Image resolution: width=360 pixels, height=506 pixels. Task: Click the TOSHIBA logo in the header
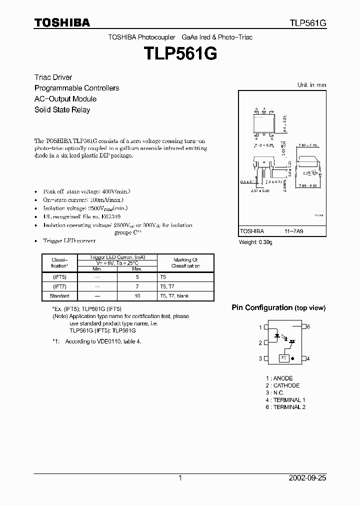point(62,22)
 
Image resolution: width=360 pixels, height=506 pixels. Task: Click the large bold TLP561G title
point(180,53)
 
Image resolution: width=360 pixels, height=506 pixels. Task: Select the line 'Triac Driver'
point(53,77)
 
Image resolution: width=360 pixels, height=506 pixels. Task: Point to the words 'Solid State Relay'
point(62,109)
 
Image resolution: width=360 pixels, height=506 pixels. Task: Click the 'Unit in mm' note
point(311,85)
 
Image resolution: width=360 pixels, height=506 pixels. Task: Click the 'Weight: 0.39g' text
point(255,242)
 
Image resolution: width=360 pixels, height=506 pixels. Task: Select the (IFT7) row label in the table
point(59,285)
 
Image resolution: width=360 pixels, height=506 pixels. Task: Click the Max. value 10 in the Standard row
point(137,295)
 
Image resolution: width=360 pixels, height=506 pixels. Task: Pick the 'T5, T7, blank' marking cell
point(174,295)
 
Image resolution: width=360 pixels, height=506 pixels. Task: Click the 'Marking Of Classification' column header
point(185,263)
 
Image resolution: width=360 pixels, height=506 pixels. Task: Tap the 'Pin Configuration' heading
point(261,307)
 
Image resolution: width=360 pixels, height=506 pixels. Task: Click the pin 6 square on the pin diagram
point(303,326)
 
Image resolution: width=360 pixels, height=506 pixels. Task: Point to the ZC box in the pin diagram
point(283,358)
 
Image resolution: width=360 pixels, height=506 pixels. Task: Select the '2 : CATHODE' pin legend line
point(282,385)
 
